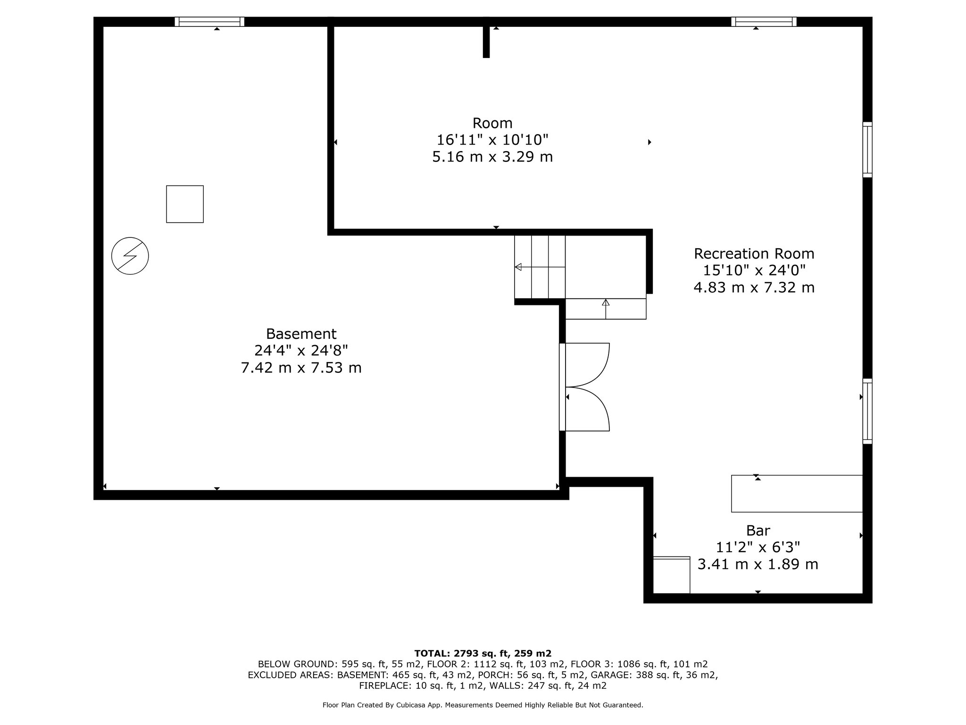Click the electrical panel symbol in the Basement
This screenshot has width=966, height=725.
coord(130,256)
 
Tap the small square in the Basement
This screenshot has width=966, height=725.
coord(185,204)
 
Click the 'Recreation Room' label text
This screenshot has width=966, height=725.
coord(754,253)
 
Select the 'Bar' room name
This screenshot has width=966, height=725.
coord(758,531)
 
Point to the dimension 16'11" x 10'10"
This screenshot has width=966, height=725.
coord(492,140)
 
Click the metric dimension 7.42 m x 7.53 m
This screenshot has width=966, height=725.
coord(301,368)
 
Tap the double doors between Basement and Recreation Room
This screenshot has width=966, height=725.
coord(585,387)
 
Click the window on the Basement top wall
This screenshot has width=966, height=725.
coord(209,21)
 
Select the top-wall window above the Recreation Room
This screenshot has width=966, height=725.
coord(764,21)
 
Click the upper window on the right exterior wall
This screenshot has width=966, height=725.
coord(867,150)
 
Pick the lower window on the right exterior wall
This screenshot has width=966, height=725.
coord(867,411)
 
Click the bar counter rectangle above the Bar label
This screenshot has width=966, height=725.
coord(797,493)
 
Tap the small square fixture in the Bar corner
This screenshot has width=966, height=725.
coord(671,575)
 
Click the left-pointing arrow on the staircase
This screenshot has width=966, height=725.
coord(519,267)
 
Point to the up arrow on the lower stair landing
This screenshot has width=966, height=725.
coord(606,303)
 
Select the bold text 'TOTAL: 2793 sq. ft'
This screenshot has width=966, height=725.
coord(463,653)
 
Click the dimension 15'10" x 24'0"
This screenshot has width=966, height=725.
coord(754,270)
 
